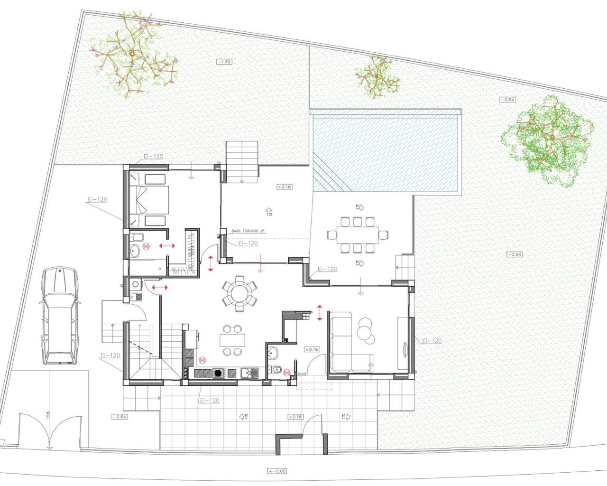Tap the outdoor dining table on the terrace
coord(358,234)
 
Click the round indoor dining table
coord(239,294)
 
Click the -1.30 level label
coord(224,62)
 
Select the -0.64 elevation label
coord(507,100)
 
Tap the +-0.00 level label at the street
coord(276,471)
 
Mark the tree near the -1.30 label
coord(133,56)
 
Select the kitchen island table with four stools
coord(232,340)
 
